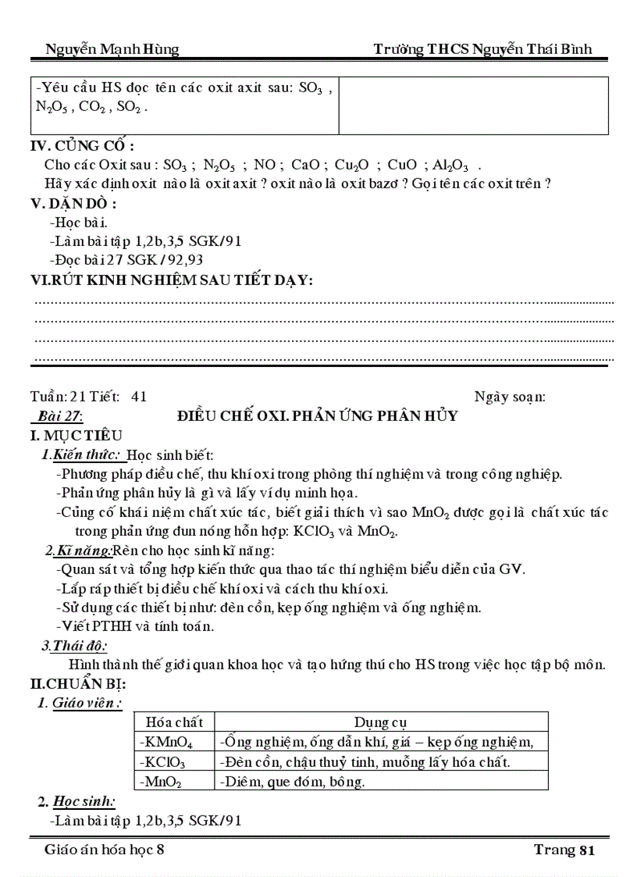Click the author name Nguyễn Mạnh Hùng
point(112,49)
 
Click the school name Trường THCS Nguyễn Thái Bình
point(482,49)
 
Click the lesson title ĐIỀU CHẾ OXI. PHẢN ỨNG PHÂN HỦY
point(318,415)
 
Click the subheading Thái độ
point(75,646)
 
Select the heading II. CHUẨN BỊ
point(77,684)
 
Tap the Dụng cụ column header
point(381,722)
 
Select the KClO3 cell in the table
point(163,761)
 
